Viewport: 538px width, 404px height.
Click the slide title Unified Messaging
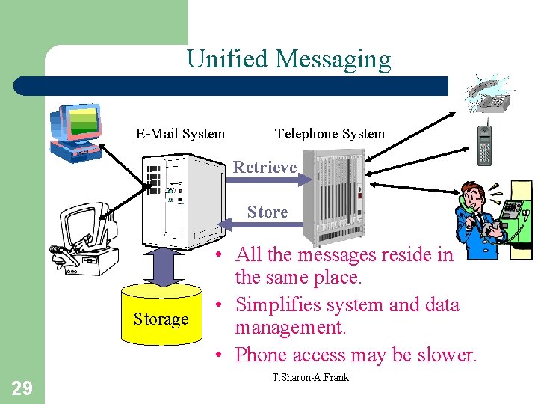click(x=288, y=59)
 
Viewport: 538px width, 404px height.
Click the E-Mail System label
click(x=180, y=134)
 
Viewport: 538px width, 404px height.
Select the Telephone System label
click(x=330, y=134)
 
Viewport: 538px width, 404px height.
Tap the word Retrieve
click(x=265, y=167)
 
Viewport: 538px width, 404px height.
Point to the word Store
click(x=268, y=212)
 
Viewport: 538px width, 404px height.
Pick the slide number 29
click(x=21, y=387)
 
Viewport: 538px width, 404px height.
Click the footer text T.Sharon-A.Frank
click(x=311, y=376)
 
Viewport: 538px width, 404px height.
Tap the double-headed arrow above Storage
click(x=161, y=266)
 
